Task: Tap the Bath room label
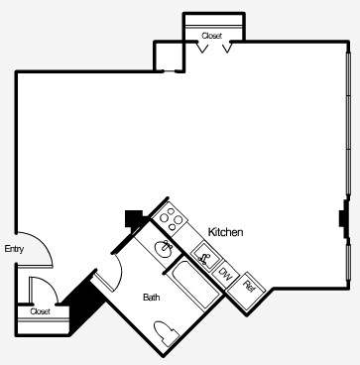(151, 297)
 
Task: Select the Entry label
(14, 249)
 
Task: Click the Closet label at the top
(211, 36)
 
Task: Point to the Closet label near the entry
(40, 311)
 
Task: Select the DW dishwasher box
(225, 274)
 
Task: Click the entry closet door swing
(42, 290)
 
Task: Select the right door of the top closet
(226, 48)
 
